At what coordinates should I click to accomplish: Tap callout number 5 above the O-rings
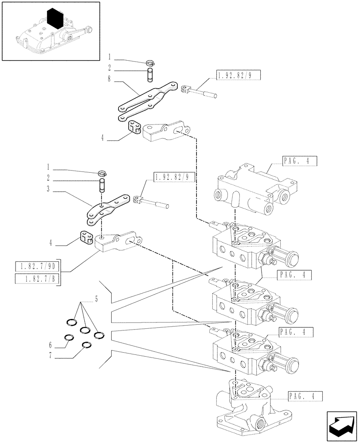tap(95, 299)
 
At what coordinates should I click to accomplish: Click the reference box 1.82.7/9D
tap(37, 266)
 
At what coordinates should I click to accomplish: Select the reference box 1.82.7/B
tap(37, 279)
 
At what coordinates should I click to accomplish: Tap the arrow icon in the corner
tap(341, 426)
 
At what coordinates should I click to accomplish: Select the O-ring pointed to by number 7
tap(86, 346)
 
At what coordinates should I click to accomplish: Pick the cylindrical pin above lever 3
tap(102, 185)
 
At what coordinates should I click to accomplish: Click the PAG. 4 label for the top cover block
tap(298, 162)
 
